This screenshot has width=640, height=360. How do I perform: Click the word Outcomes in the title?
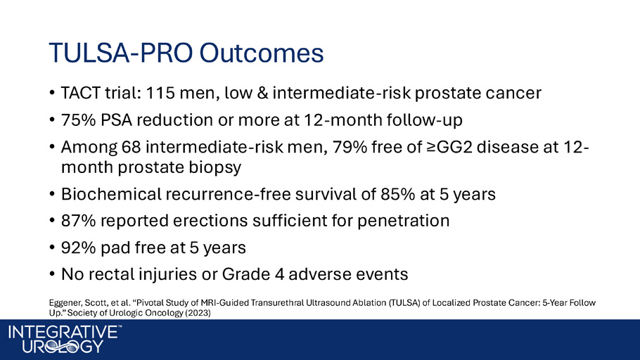click(x=261, y=53)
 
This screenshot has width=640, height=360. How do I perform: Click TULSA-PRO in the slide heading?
click(x=121, y=53)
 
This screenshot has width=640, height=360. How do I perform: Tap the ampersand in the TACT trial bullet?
click(x=262, y=93)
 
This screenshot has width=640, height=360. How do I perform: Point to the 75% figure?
click(x=78, y=120)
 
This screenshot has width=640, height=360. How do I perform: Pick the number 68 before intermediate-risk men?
click(x=131, y=147)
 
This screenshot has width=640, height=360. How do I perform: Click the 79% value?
click(x=350, y=147)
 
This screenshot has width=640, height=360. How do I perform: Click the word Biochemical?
click(x=111, y=194)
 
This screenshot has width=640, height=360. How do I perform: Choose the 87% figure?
click(x=78, y=221)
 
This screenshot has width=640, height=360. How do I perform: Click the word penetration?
click(x=403, y=221)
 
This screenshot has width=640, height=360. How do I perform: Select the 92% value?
click(x=78, y=247)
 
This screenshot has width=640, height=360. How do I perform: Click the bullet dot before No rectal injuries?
click(x=52, y=274)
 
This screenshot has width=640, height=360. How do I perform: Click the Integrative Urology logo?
click(x=65, y=339)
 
